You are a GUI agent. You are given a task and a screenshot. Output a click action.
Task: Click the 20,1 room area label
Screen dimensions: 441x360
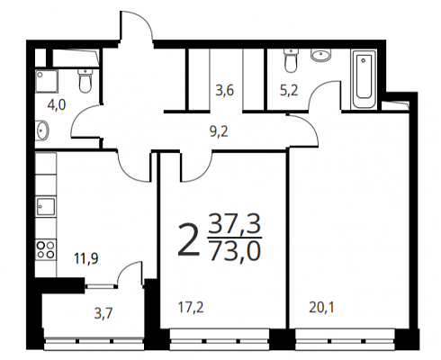coord(321,308)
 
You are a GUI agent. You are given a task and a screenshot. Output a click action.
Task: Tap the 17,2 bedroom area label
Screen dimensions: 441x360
coord(191,308)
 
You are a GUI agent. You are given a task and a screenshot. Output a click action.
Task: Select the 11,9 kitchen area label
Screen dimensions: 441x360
coord(86,258)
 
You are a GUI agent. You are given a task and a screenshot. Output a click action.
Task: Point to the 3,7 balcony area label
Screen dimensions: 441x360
coord(103,314)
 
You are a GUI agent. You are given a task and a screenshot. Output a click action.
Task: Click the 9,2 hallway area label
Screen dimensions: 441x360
coord(219,131)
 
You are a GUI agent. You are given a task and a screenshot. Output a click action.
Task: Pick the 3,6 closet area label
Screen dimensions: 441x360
coord(225,90)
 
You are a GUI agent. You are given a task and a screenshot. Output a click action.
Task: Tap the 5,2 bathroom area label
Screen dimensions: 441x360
coord(289,90)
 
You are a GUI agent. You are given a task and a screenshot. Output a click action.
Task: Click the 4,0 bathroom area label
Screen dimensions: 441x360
coord(57,105)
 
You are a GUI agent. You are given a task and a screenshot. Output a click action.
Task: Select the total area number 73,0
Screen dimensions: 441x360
coord(235,251)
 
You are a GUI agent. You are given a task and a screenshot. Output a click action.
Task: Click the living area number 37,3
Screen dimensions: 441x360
coord(235,224)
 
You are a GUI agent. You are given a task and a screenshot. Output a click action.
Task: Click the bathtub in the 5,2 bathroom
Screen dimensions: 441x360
coord(364,79)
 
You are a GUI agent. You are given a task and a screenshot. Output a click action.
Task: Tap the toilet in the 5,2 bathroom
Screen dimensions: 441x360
coord(291,61)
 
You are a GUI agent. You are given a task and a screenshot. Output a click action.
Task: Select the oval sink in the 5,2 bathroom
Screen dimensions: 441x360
coord(321,56)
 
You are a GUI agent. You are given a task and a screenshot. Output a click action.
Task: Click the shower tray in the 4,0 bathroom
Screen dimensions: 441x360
coord(47,81)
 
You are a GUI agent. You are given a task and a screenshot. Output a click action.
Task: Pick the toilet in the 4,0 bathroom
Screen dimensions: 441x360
coord(85,81)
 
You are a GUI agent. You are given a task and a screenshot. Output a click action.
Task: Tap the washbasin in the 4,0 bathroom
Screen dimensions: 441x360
coord(41,130)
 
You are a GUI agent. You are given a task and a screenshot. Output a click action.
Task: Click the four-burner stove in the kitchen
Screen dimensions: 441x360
coord(46,249)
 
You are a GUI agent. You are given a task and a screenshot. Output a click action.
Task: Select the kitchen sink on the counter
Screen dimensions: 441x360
coord(46,206)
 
